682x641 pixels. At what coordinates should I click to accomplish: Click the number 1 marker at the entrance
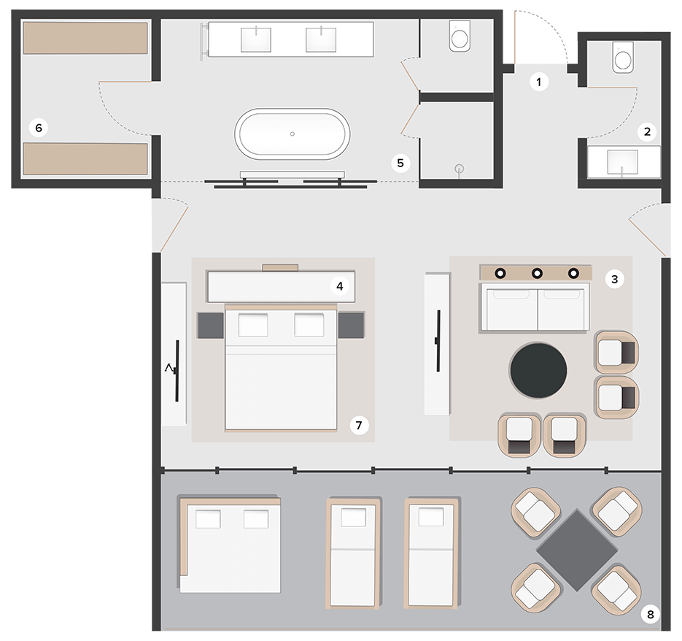[x=539, y=82]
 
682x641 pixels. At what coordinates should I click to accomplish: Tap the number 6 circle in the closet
[x=39, y=128]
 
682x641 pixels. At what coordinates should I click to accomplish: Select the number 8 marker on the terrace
[x=650, y=614]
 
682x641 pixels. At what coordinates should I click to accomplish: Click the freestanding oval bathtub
[x=292, y=134]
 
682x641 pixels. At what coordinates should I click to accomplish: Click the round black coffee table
[x=538, y=370]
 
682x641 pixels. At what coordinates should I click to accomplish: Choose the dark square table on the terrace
[x=576, y=550]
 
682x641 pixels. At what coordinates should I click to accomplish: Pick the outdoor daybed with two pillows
[x=230, y=545]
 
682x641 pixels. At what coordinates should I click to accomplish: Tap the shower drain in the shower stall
[x=460, y=169]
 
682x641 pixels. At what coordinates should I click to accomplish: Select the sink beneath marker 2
[x=621, y=161]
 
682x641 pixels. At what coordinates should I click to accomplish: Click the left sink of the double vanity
[x=256, y=39]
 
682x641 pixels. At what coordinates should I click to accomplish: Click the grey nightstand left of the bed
[x=209, y=324]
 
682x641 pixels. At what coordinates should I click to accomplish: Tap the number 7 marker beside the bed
[x=357, y=424]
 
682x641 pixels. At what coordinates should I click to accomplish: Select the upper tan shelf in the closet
[x=85, y=38]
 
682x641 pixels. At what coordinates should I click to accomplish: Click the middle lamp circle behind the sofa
[x=537, y=273]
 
